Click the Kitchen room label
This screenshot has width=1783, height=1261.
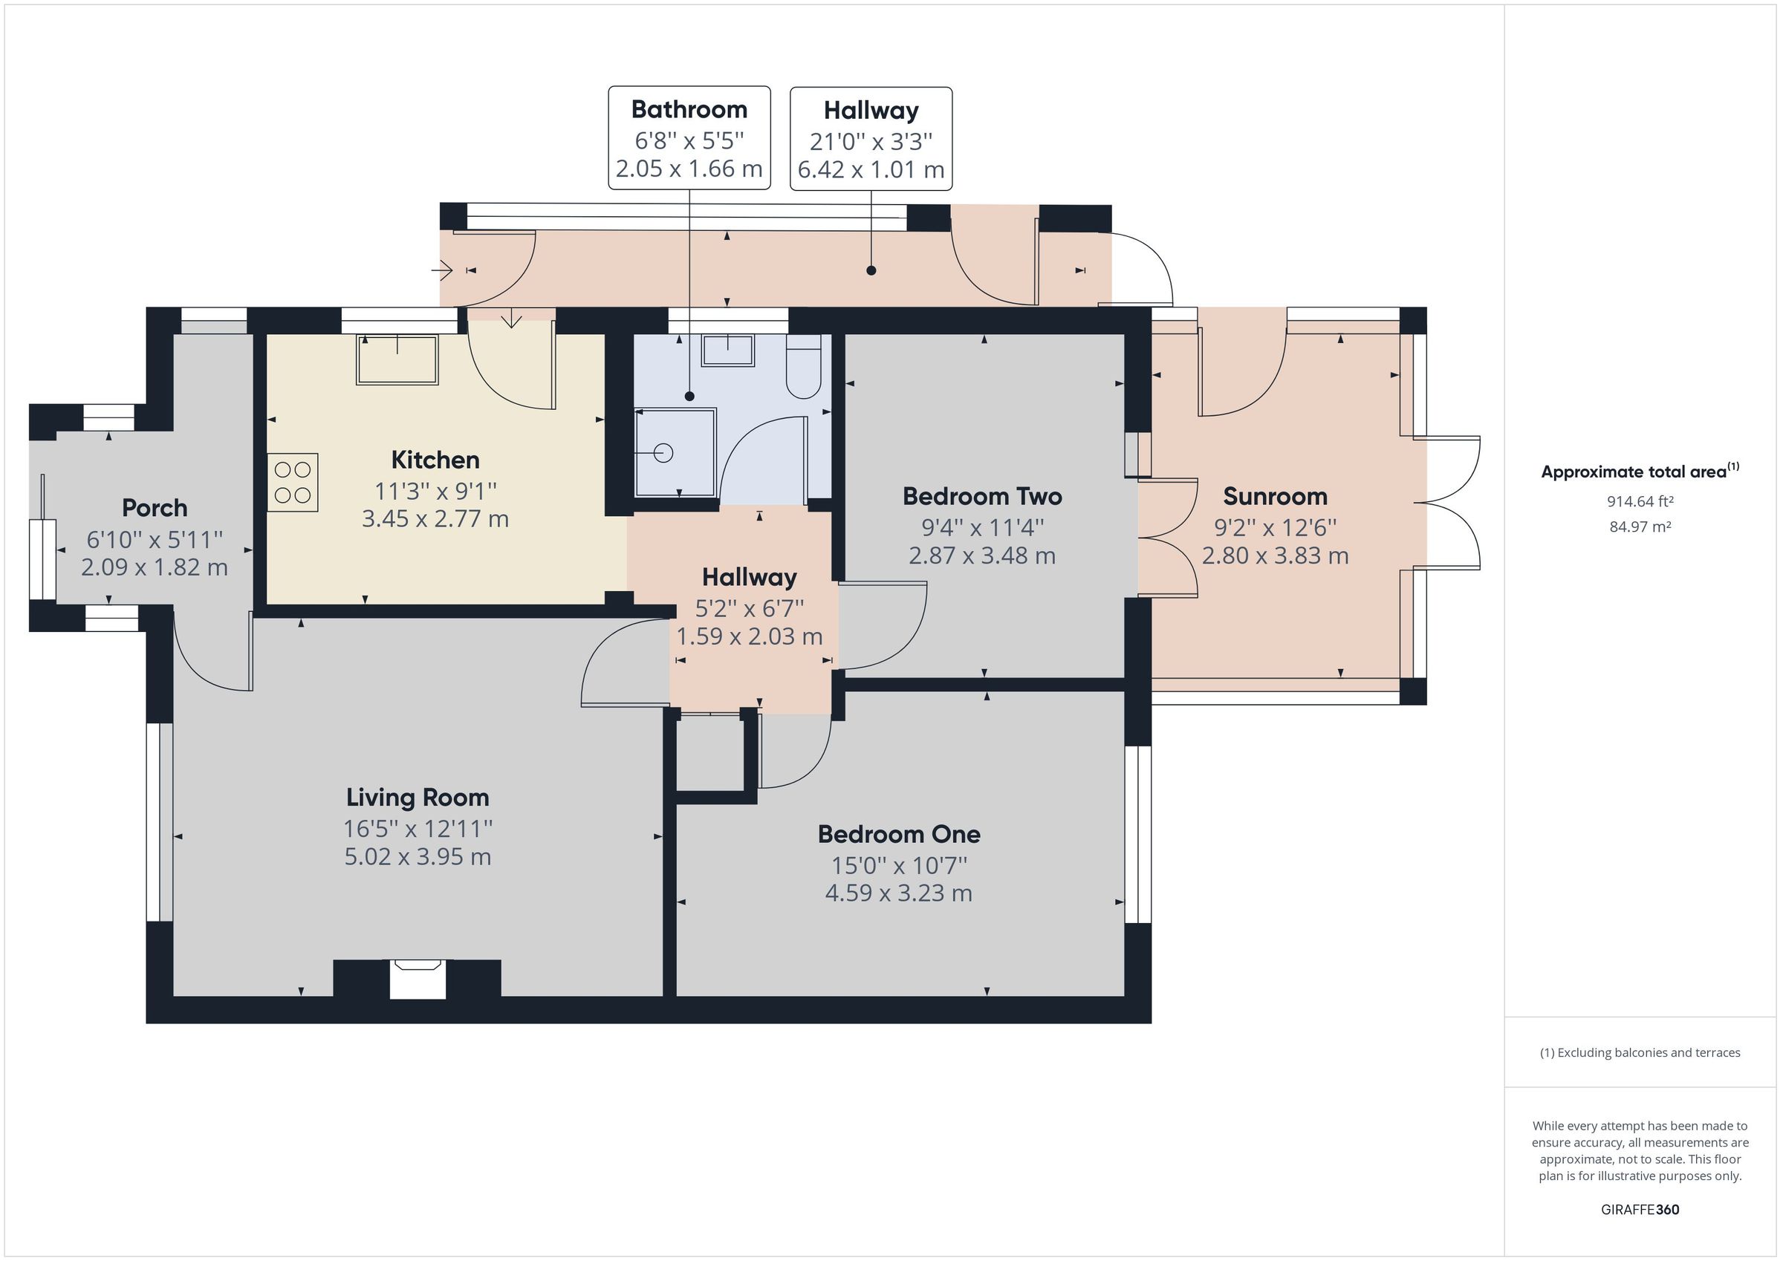[x=435, y=460]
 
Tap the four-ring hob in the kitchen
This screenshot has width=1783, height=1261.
[x=293, y=482]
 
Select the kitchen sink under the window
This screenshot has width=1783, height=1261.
[x=397, y=359]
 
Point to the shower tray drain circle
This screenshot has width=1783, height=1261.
[x=663, y=453]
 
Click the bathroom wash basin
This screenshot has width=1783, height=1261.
[x=727, y=351]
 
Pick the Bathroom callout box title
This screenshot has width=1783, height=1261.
[x=689, y=109]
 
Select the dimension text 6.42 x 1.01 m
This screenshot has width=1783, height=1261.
[x=871, y=169]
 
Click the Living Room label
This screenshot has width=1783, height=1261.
[x=418, y=798]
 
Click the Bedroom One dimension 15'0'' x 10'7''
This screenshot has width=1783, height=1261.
[x=898, y=865]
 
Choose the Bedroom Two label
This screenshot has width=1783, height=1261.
[x=981, y=496]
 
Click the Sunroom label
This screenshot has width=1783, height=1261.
[x=1275, y=496]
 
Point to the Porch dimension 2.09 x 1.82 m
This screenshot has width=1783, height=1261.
[x=155, y=567]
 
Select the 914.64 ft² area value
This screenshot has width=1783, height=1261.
[x=1640, y=501]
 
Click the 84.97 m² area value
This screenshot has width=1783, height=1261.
[x=1640, y=527]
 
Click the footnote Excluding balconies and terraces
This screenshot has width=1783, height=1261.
[x=1640, y=1053]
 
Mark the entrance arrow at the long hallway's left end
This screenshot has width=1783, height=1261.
[x=443, y=270]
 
